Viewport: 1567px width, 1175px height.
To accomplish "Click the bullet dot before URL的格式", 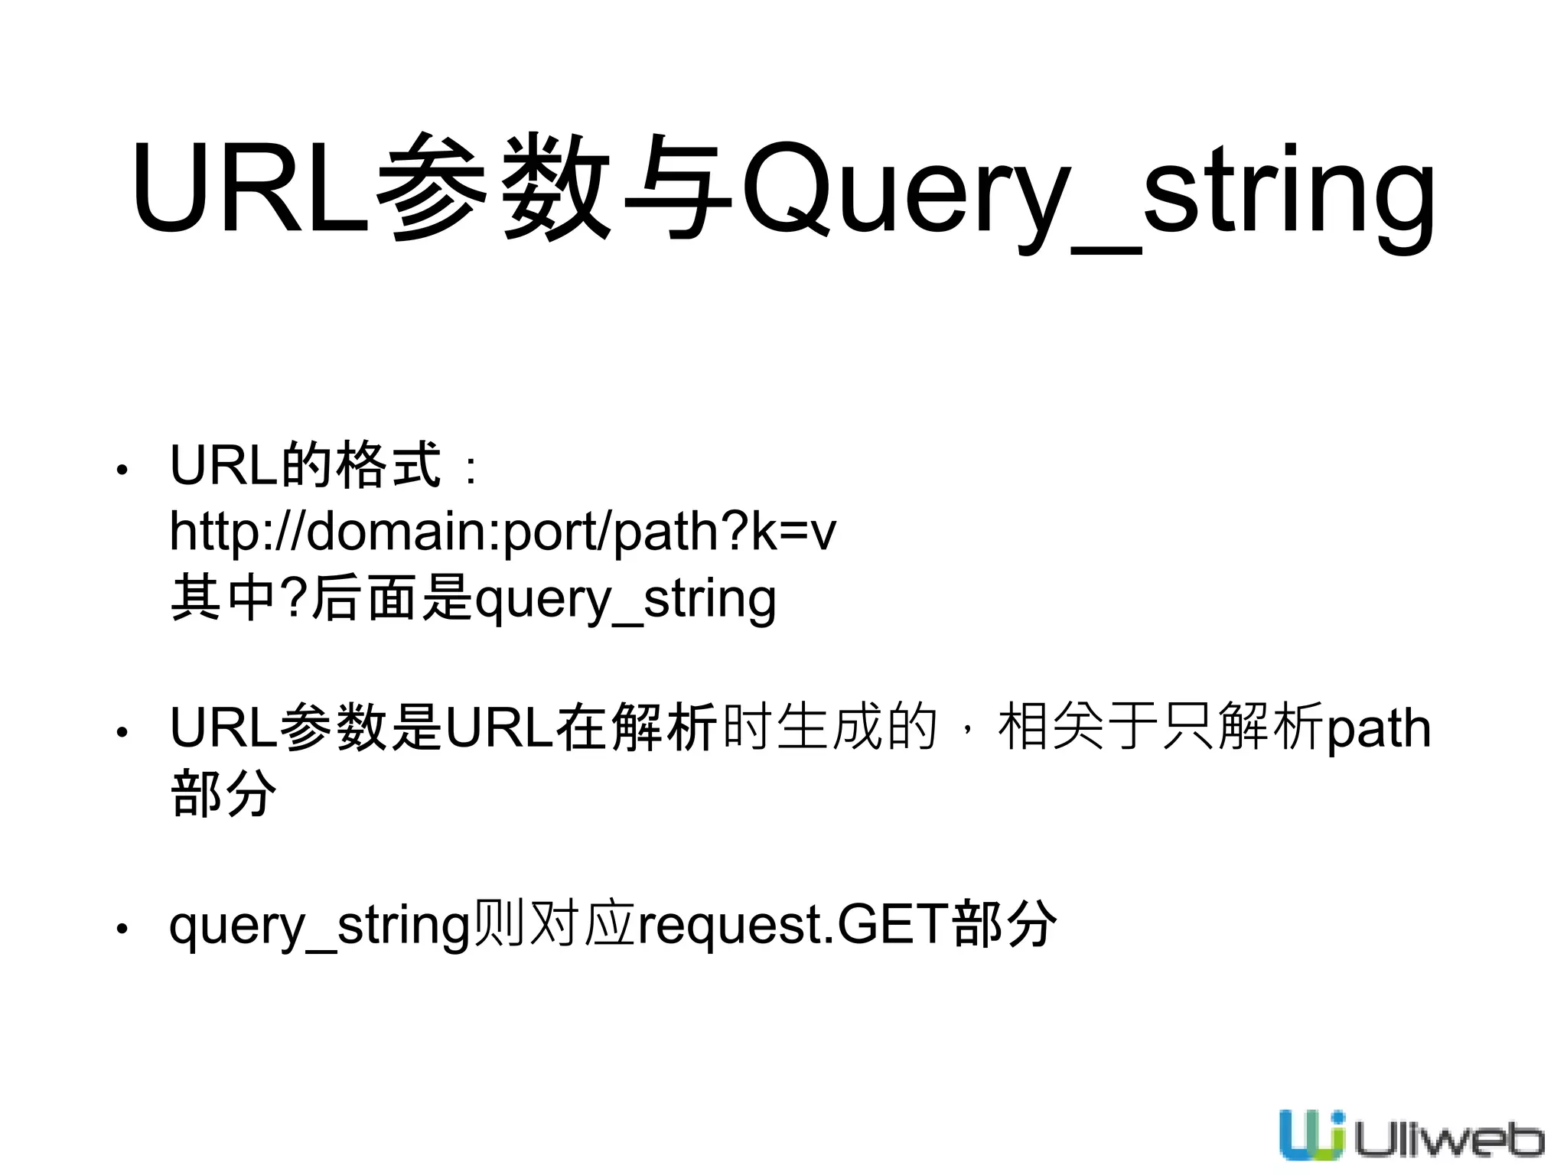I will (x=122, y=469).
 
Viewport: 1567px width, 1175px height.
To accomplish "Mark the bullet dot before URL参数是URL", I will (x=122, y=732).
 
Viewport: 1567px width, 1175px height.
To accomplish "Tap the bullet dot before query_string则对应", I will (x=122, y=929).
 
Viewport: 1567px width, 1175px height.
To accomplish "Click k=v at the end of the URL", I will (x=793, y=532).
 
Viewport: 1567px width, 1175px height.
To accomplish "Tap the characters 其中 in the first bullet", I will (x=223, y=598).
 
